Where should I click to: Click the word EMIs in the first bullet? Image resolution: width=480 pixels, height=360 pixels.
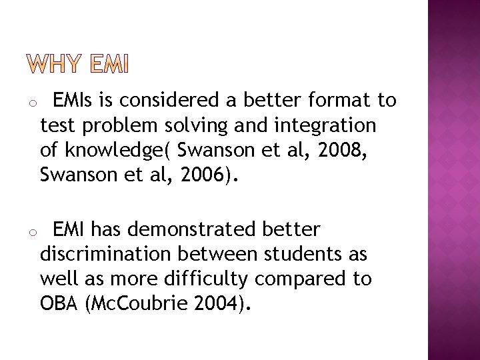click(x=75, y=100)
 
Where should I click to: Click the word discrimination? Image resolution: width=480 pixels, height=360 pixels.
click(x=104, y=254)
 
